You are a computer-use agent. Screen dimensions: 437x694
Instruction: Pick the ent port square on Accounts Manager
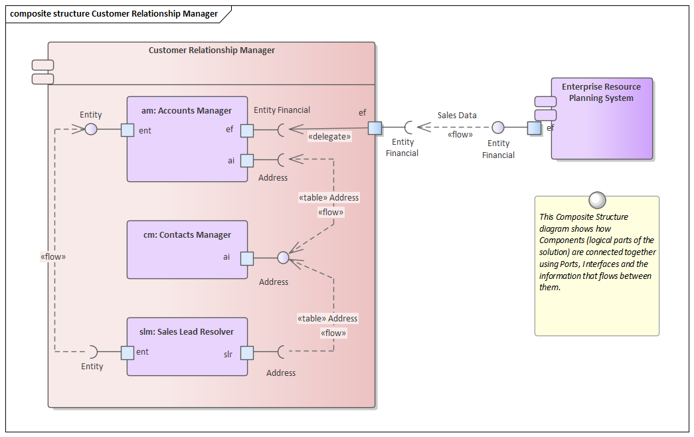coord(128,130)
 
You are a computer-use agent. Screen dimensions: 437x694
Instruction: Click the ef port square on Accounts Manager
coord(246,130)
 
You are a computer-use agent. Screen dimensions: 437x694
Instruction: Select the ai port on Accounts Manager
coord(246,160)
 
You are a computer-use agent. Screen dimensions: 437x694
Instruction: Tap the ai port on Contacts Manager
coord(246,258)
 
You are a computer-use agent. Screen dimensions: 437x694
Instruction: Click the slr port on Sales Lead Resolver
coord(246,353)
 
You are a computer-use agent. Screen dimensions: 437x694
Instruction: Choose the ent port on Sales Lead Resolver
coord(128,353)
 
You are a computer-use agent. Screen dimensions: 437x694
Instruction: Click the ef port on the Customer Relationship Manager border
coord(375,128)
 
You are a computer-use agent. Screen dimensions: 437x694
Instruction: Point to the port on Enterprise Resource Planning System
coord(534,128)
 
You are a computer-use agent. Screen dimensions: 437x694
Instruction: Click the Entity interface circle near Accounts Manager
coord(91,130)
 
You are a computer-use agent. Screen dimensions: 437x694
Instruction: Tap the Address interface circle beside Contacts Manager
coord(283,258)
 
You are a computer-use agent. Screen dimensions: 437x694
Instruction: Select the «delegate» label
coord(329,137)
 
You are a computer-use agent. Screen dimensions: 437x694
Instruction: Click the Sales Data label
coord(457,115)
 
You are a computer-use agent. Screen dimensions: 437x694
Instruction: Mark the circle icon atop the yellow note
coord(597,199)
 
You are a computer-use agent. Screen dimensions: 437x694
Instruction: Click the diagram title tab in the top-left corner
coord(114,13)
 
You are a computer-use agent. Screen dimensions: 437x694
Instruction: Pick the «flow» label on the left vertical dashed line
coord(53,256)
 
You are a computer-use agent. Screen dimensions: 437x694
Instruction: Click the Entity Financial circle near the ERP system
coord(497,128)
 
